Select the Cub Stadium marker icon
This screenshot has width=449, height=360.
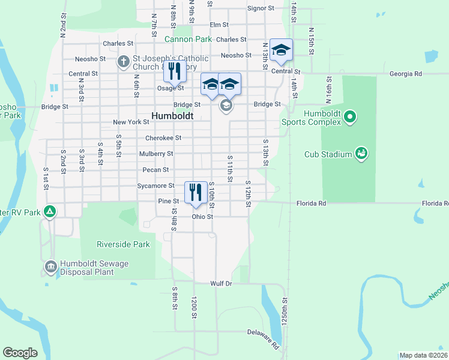click(361, 154)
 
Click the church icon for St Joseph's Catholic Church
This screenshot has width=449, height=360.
click(123, 61)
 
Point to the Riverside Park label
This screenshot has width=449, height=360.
click(123, 244)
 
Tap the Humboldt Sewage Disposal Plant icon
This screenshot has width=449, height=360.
click(51, 266)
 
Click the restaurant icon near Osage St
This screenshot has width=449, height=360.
click(175, 71)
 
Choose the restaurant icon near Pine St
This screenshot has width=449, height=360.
click(196, 193)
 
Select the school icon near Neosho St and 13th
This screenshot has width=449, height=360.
click(281, 50)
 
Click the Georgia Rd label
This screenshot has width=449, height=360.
click(405, 74)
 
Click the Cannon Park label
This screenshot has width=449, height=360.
click(188, 39)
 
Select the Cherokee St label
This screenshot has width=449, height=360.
click(163, 137)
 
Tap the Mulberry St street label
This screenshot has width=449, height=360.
click(156, 154)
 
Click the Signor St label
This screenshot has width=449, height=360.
click(261, 8)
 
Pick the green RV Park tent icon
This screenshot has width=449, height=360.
click(51, 211)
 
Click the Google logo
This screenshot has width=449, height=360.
click(20, 353)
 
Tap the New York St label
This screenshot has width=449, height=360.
click(131, 122)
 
